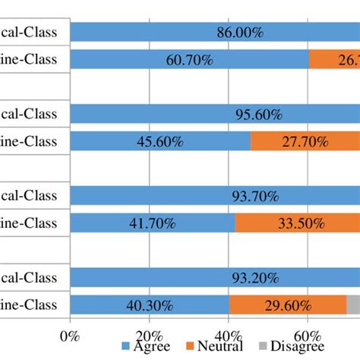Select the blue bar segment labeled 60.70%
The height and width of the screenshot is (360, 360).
[x=189, y=59]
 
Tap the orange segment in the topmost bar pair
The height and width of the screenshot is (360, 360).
[x=334, y=59]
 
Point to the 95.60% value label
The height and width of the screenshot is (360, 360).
[x=257, y=115]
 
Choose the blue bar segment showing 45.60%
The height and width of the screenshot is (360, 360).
[x=159, y=141]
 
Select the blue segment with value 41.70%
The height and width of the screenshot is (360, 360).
[x=152, y=223]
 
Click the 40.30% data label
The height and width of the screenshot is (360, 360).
[x=150, y=305]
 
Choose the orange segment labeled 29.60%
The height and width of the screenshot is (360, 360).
[x=288, y=305]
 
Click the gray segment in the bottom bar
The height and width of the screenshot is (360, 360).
[x=353, y=305]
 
